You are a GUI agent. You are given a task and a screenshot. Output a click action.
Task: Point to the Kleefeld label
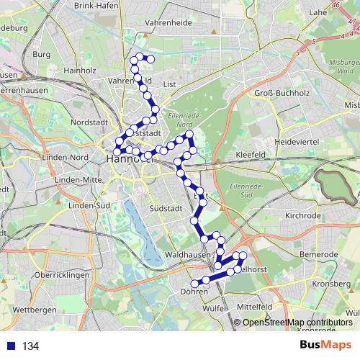click(x=251, y=155)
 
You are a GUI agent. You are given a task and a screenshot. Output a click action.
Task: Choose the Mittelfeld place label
click(x=255, y=306)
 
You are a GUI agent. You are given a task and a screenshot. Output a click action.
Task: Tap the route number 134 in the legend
click(x=30, y=346)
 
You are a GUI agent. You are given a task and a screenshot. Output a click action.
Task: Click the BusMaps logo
click(x=326, y=346)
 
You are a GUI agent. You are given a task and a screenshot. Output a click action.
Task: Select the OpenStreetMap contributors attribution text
click(x=297, y=322)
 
